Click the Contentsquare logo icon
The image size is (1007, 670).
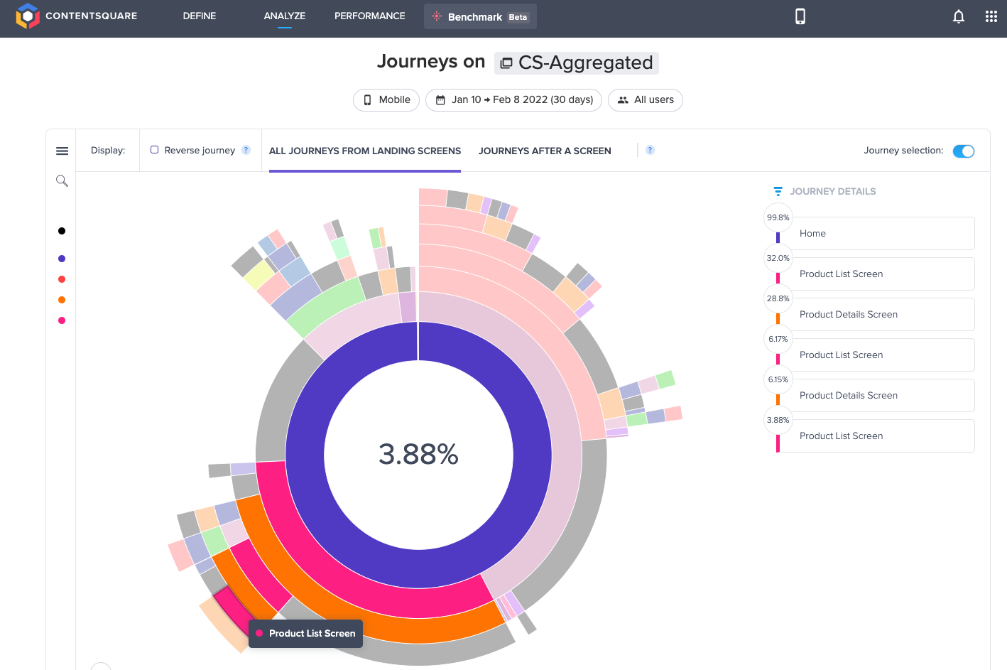(27, 16)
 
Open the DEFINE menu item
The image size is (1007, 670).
(199, 16)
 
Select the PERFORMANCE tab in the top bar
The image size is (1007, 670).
(369, 16)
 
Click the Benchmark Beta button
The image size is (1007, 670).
(480, 16)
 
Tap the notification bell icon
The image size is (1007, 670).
(958, 16)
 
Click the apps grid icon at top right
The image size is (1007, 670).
(991, 16)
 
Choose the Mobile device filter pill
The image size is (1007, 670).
(386, 99)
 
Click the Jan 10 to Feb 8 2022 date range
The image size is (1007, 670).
(513, 99)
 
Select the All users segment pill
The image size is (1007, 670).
(645, 99)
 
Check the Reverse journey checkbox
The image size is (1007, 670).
(154, 150)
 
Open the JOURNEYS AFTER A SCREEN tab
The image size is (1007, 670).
(544, 151)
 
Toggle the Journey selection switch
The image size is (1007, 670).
(963, 151)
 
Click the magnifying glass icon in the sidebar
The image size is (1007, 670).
(62, 181)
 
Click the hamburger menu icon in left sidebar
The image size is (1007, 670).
(62, 151)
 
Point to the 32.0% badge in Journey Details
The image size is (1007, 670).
(778, 258)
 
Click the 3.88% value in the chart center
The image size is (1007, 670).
(418, 454)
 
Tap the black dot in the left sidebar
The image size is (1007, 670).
(62, 231)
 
